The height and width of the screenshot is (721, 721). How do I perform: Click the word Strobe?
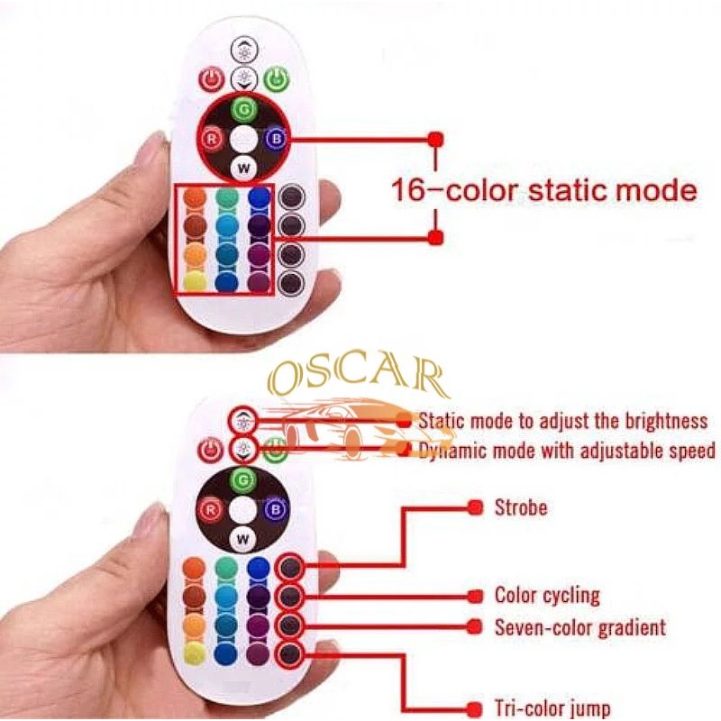click(520, 507)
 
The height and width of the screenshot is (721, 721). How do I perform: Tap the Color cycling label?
click(547, 595)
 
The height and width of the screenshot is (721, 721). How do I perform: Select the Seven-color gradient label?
click(580, 626)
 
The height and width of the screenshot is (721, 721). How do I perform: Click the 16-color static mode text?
click(543, 190)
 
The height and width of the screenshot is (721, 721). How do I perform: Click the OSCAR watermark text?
click(359, 379)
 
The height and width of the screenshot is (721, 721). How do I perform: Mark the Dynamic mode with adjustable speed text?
click(567, 450)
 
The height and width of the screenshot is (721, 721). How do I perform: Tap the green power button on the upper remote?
click(277, 79)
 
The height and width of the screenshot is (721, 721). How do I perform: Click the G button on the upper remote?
click(243, 110)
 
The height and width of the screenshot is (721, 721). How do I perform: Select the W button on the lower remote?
click(241, 539)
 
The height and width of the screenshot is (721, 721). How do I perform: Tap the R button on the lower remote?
click(211, 510)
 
